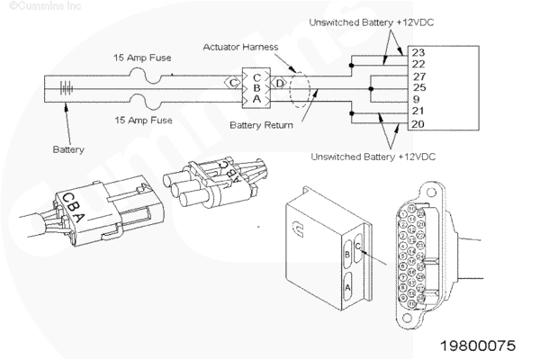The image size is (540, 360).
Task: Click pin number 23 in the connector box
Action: (x=418, y=52)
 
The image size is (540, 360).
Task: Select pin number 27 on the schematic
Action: (x=418, y=76)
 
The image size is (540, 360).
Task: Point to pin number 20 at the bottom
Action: (x=418, y=122)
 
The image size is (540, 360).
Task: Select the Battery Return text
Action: (x=261, y=125)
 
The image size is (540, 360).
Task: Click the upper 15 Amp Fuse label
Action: (x=142, y=58)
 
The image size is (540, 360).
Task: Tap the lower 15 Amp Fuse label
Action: (x=142, y=118)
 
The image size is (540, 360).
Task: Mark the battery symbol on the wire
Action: (x=65, y=88)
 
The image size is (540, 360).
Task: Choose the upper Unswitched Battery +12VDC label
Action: (x=371, y=22)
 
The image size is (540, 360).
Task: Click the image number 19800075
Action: (x=485, y=345)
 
